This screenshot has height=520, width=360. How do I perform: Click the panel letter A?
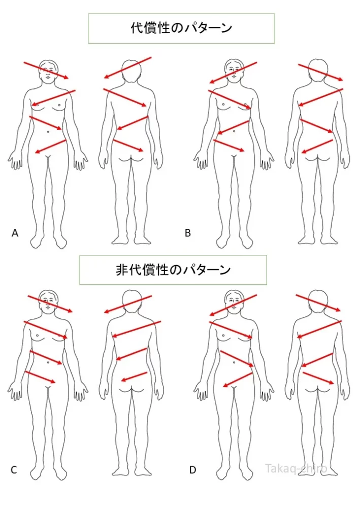point(15,233)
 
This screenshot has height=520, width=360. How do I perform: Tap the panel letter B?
point(188,233)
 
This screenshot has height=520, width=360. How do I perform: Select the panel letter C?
point(14,470)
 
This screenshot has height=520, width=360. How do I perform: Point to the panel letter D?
point(192,470)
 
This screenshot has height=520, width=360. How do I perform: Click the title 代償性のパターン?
point(181,28)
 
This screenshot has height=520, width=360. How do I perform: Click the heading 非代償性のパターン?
point(173,270)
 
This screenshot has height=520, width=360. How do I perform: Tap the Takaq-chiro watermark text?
point(296,469)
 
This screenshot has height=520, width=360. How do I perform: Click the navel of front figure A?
point(48,132)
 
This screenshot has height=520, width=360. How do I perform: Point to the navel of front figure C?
point(48,363)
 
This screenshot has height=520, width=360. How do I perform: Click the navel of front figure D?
point(234,362)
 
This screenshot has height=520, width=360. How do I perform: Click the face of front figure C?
point(49,302)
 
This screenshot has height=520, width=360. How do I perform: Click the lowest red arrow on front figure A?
point(51,147)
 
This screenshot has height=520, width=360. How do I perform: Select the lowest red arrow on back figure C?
point(134,377)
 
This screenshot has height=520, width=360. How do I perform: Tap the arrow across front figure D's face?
point(233,305)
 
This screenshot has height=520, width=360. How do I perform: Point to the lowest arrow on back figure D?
point(318,378)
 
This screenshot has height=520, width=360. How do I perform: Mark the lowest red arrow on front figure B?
point(229,146)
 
